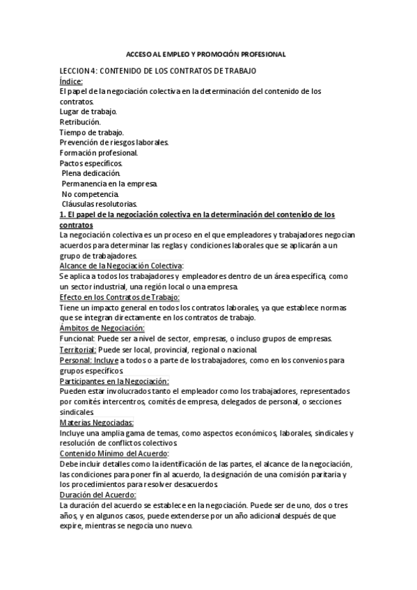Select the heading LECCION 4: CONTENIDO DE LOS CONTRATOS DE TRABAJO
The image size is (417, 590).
click(x=158, y=71)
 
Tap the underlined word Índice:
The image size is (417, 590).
click(x=71, y=81)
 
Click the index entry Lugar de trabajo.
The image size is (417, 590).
click(x=88, y=111)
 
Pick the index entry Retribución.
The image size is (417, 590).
click(x=80, y=122)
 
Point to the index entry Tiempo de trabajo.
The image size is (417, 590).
click(x=92, y=132)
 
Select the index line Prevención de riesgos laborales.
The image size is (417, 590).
click(x=114, y=143)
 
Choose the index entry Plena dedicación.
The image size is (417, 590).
click(x=91, y=173)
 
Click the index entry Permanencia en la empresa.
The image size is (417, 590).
click(x=110, y=184)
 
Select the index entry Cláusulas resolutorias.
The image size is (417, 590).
click(x=100, y=204)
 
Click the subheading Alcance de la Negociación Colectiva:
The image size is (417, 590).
click(x=122, y=266)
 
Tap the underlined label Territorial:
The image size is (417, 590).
click(x=78, y=349)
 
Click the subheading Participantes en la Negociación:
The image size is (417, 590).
click(x=114, y=381)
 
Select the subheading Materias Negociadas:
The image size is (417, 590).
click(x=97, y=422)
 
